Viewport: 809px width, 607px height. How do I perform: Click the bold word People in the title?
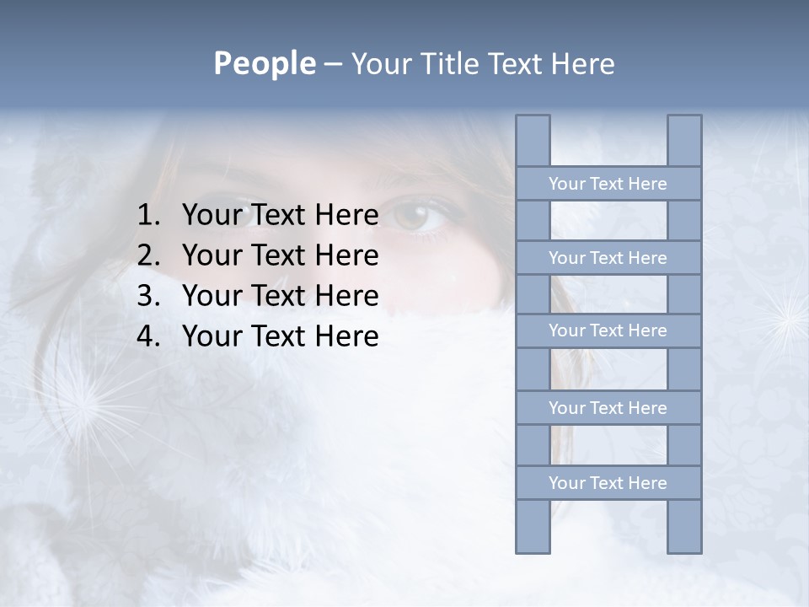[264, 63]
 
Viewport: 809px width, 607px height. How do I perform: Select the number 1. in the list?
[147, 216]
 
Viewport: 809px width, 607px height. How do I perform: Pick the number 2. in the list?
[147, 255]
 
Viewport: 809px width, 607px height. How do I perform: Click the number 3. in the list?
[147, 296]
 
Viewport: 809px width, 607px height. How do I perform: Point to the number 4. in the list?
[147, 336]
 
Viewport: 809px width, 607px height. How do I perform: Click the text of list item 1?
[280, 216]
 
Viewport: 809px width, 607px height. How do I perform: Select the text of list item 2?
[280, 255]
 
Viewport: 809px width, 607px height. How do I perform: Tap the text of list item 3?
[280, 296]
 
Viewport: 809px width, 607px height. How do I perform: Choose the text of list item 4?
[280, 336]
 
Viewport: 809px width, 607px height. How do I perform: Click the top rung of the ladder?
[608, 184]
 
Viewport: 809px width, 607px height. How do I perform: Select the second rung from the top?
[608, 258]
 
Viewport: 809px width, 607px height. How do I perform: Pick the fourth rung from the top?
[608, 408]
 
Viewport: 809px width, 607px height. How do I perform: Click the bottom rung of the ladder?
[608, 483]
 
